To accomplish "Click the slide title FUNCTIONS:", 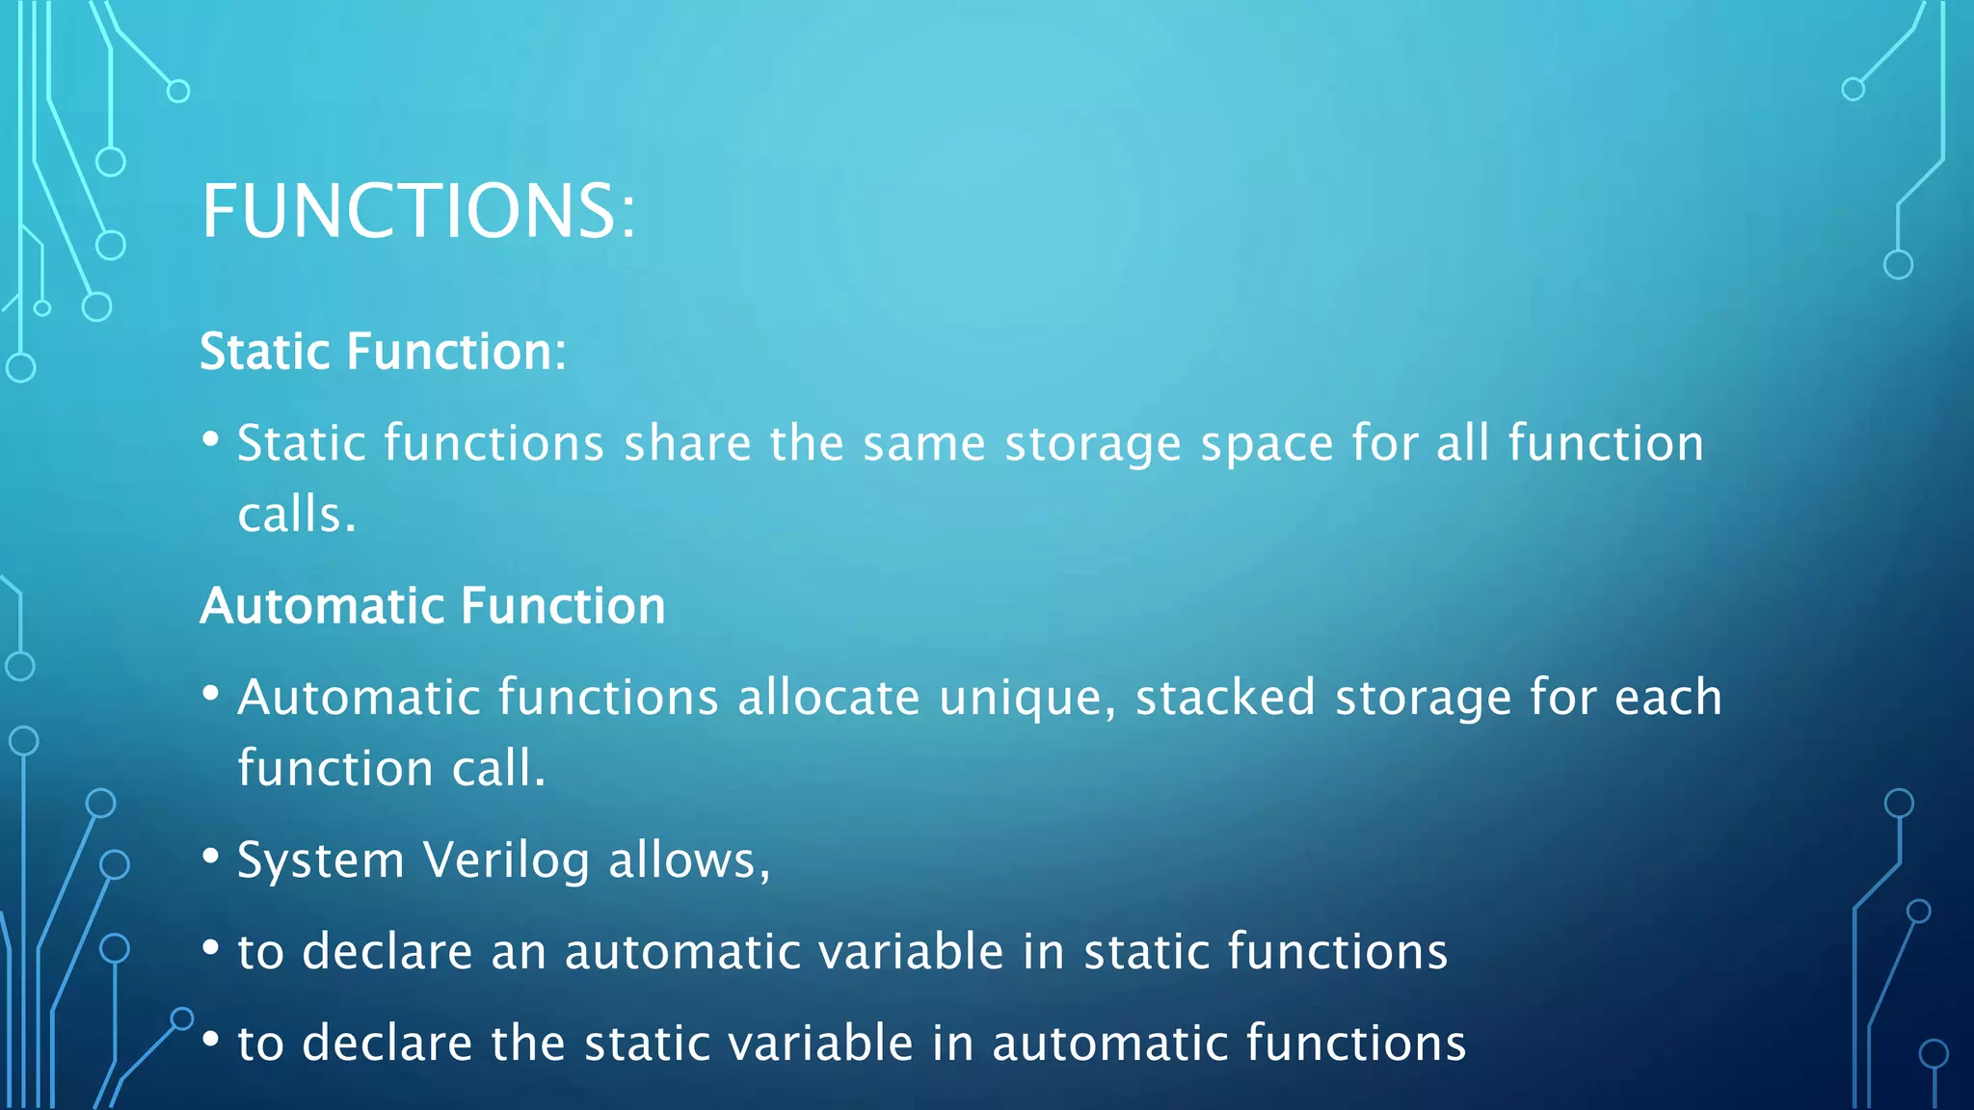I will click(x=418, y=211).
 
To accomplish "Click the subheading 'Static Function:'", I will click(x=383, y=351).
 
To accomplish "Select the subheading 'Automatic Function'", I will click(x=433, y=606).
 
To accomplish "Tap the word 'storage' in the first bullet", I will click(x=1092, y=445).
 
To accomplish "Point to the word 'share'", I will click(x=687, y=443).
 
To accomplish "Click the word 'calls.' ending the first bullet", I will click(x=297, y=515).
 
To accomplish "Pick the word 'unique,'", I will click(x=1027, y=699).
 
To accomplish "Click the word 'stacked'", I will click(x=1225, y=697).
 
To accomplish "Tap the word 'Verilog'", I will click(x=506, y=860).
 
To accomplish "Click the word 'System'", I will click(x=321, y=860).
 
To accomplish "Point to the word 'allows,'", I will click(x=689, y=860).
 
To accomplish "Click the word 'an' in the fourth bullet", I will click(x=519, y=952).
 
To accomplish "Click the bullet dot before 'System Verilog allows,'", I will click(x=211, y=857).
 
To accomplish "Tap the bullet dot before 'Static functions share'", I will click(x=211, y=439).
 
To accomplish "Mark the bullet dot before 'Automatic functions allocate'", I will click(x=211, y=694).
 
